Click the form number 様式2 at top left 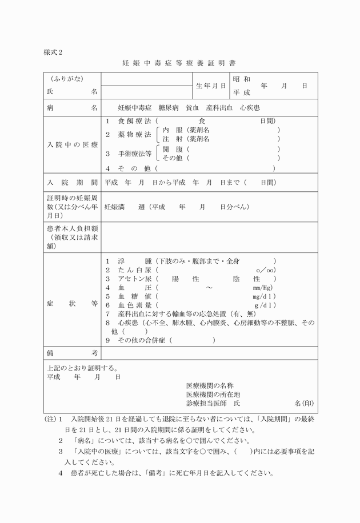pyautogui.click(x=53, y=52)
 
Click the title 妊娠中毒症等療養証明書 pyautogui.click(x=179, y=62)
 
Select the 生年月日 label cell pyautogui.click(x=211, y=86)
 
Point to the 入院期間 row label pyautogui.click(x=73, y=183)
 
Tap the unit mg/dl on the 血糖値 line pyautogui.click(x=264, y=296)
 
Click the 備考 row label pyautogui.click(x=73, y=353)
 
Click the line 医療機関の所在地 pyautogui.click(x=213, y=395)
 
